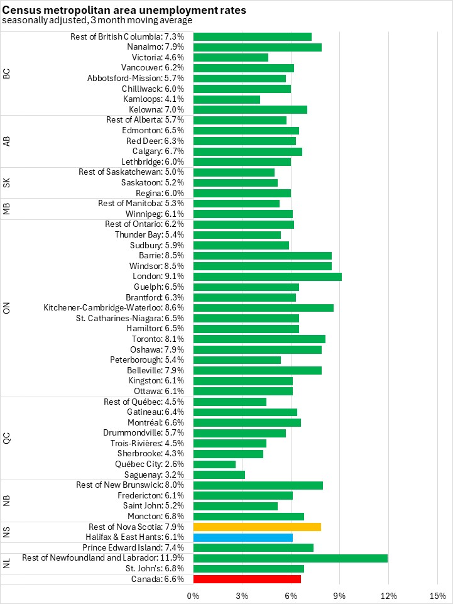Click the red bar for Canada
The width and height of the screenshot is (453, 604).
pos(247,579)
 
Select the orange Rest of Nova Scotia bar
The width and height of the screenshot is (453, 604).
pos(257,527)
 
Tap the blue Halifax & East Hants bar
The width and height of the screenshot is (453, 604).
pos(243,537)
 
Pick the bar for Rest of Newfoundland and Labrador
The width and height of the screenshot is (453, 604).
pos(290,558)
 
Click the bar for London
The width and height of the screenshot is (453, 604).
pos(267,277)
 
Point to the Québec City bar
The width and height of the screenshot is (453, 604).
pos(214,464)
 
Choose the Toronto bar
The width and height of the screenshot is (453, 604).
pos(259,339)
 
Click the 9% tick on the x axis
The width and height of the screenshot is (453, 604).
pos(340,595)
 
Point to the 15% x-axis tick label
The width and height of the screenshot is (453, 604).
pos(437,595)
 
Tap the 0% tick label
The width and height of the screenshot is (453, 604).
pos(194,595)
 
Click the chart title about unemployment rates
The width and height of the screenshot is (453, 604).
pos(124,10)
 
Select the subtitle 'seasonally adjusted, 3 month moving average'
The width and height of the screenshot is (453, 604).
pos(97,20)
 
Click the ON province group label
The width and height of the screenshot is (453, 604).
pos(7,308)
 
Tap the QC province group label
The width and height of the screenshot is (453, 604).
pos(7,438)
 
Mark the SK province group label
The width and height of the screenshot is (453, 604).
pos(7,183)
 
